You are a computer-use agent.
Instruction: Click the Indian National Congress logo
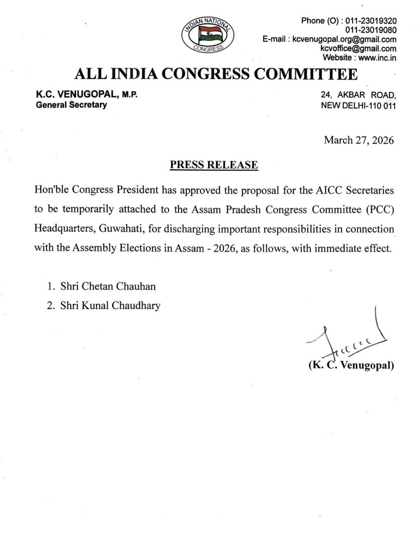pos(208,35)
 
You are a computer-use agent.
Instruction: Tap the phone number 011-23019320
pos(371,21)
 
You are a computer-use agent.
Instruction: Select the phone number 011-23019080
pos(371,30)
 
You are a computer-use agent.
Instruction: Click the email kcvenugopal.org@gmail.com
pos(344,39)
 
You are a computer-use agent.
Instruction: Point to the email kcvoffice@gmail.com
pos(358,48)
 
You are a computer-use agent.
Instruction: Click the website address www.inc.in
pos(377,58)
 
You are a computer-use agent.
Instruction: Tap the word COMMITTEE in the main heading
pos(305,74)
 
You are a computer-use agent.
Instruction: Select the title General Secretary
pos(71,105)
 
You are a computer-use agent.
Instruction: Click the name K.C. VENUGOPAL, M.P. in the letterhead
pos(87,95)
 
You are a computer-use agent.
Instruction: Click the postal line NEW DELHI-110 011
pos(358,106)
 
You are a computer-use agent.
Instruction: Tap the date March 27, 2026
pos(359,140)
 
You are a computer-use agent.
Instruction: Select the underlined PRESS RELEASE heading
pos(214,165)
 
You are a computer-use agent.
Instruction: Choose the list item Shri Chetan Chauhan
pos(108,286)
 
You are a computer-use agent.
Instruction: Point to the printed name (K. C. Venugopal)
pos(351,365)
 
